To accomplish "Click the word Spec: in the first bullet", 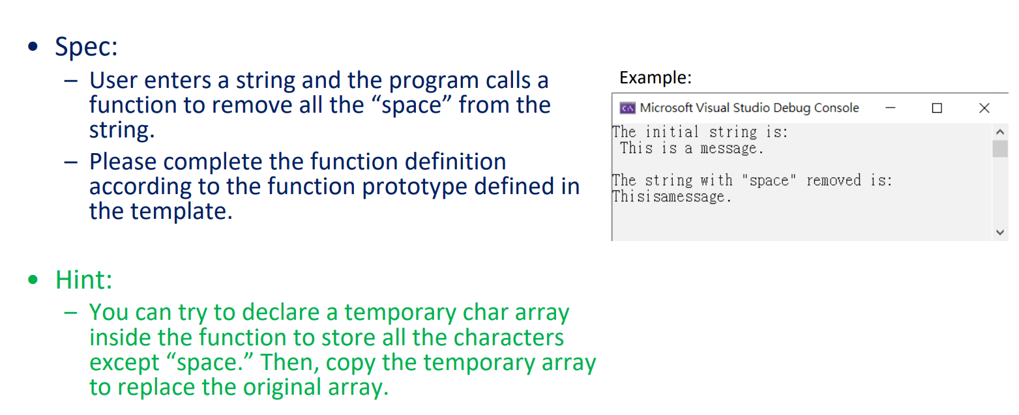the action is pos(87,47).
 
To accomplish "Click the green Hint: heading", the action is pos(83,279).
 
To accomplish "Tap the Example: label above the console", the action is pos(655,78).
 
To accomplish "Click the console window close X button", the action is pos(984,108).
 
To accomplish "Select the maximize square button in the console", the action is pos(937,108).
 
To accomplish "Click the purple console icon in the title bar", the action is pos(627,108).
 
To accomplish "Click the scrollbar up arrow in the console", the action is pos(1000,132).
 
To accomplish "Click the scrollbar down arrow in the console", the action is pos(1000,233).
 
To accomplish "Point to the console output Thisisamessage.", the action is pos(672,197).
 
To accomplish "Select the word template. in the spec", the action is pos(181,211).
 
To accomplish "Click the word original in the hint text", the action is pos(282,387).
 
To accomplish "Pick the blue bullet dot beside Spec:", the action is pos(33,46).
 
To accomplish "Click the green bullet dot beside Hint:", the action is pos(33,279).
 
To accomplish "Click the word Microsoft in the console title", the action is pos(666,108).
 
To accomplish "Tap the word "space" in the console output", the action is pos(769,180).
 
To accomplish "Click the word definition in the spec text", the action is pos(455,162).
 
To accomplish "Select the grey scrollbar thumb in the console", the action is pos(1000,149).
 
